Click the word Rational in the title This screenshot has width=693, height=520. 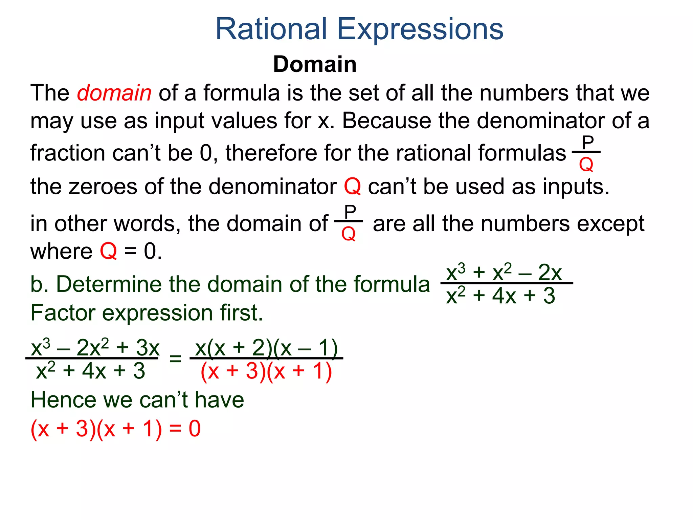271,29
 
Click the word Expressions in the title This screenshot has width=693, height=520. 420,30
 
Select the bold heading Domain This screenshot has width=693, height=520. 315,64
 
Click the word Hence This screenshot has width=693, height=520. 63,400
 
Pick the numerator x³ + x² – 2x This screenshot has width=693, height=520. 504,273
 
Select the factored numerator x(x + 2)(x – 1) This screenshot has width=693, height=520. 267,348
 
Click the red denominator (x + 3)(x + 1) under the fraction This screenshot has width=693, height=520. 266,371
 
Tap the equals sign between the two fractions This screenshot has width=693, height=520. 175,359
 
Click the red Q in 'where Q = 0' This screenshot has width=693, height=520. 108,252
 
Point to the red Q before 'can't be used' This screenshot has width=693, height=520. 352,187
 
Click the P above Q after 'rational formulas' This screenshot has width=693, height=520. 588,143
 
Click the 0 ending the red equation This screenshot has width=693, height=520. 195,429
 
